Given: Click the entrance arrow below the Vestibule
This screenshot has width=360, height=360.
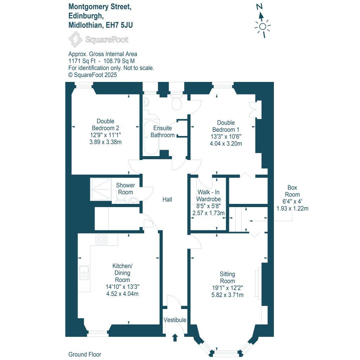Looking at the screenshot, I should pyautogui.click(x=175, y=338).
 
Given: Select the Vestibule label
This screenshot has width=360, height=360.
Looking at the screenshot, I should pyautogui.click(x=175, y=320).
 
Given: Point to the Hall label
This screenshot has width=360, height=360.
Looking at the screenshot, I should pyautogui.click(x=167, y=199).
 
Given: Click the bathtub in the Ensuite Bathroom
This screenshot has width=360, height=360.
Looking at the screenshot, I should pyautogui.click(x=151, y=133).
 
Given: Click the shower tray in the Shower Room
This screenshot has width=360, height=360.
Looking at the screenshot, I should pyautogui.click(x=101, y=189).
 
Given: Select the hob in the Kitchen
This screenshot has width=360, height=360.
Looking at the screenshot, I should pyautogui.click(x=102, y=239).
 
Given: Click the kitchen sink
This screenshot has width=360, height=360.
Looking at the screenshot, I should pyautogui.click(x=84, y=272).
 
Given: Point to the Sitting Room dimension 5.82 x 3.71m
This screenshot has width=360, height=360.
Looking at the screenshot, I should pyautogui.click(x=227, y=295).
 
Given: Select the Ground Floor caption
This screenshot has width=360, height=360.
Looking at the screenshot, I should pyautogui.click(x=85, y=354).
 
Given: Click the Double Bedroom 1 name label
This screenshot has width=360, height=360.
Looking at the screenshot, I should pyautogui.click(x=226, y=126).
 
